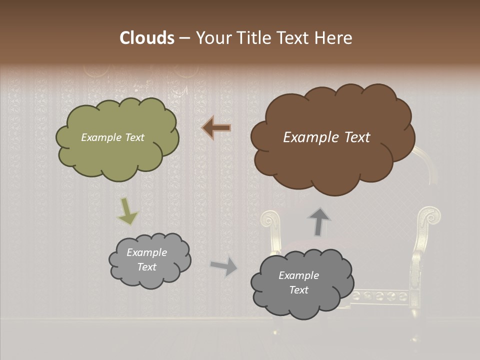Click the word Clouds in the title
tap(147, 38)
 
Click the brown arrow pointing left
tap(216, 128)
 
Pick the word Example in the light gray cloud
tap(146, 252)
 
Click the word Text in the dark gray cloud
tap(298, 290)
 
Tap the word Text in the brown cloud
tap(357, 137)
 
